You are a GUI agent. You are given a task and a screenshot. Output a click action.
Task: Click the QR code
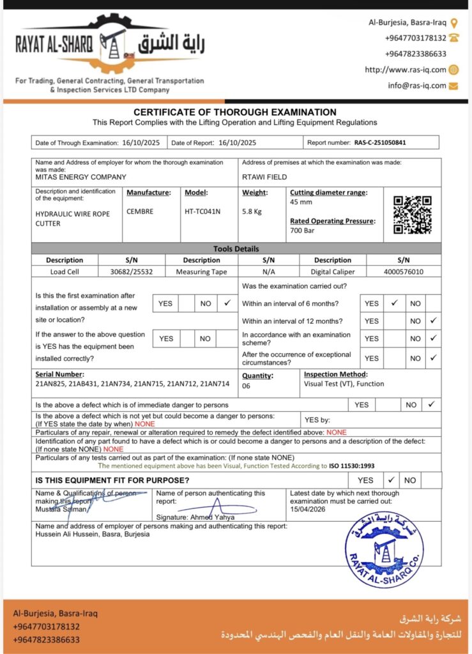pyautogui.click(x=412, y=215)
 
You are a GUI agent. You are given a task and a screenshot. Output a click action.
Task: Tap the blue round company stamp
pyautogui.click(x=384, y=549)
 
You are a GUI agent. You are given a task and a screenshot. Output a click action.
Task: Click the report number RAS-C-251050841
pyautogui.click(x=380, y=143)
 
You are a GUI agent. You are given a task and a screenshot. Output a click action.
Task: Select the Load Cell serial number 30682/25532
pyautogui.click(x=131, y=271)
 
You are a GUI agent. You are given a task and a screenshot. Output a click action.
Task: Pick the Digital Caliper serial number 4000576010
pyautogui.click(x=403, y=271)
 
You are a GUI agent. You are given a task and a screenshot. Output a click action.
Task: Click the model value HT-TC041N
pyautogui.click(x=202, y=211)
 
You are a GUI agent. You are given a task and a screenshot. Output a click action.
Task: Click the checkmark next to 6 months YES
pyautogui.click(x=395, y=303)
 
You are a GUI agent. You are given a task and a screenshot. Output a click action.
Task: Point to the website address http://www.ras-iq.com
pyautogui.click(x=405, y=70)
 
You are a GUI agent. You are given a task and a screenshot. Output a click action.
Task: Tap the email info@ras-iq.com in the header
pyautogui.click(x=416, y=86)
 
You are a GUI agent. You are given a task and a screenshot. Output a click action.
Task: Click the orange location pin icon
pyautogui.click(x=453, y=22)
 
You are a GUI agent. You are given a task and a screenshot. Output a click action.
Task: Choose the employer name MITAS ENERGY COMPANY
pyautogui.click(x=80, y=177)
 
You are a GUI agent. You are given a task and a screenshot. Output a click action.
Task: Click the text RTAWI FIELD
pyautogui.click(x=264, y=177)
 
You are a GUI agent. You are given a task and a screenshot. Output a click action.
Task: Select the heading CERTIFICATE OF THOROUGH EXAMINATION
pyautogui.click(x=235, y=112)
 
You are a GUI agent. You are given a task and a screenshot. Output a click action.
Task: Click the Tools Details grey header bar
pyautogui.click(x=236, y=248)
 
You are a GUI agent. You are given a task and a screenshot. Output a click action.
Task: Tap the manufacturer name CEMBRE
pyautogui.click(x=140, y=211)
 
